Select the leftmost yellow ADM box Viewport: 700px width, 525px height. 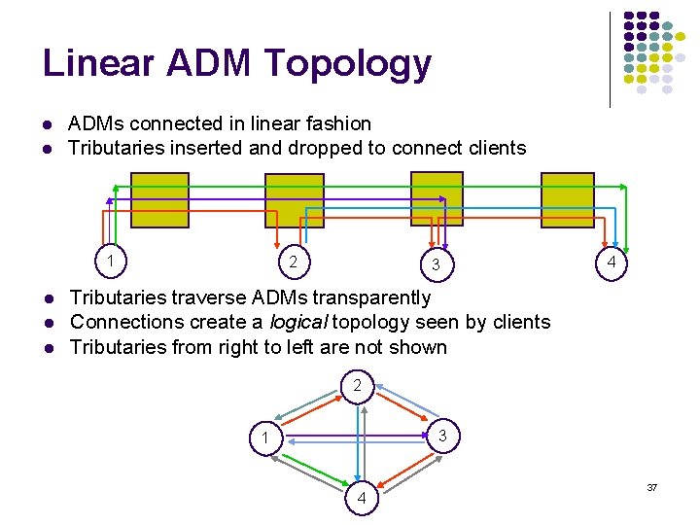[x=159, y=199]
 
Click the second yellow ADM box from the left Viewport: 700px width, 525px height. [x=295, y=200]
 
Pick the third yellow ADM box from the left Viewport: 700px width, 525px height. [x=437, y=198]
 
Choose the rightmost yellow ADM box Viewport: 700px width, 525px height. [x=567, y=199]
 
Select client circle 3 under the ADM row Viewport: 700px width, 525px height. [x=437, y=263]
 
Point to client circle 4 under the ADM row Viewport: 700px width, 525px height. [x=611, y=263]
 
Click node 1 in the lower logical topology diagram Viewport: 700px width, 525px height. [x=264, y=437]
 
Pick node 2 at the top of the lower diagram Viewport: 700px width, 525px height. [x=357, y=386]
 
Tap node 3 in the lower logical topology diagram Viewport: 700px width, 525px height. [x=442, y=437]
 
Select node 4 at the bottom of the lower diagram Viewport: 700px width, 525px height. [x=361, y=498]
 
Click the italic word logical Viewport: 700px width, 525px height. [x=297, y=322]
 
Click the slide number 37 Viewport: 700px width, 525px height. [x=652, y=486]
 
